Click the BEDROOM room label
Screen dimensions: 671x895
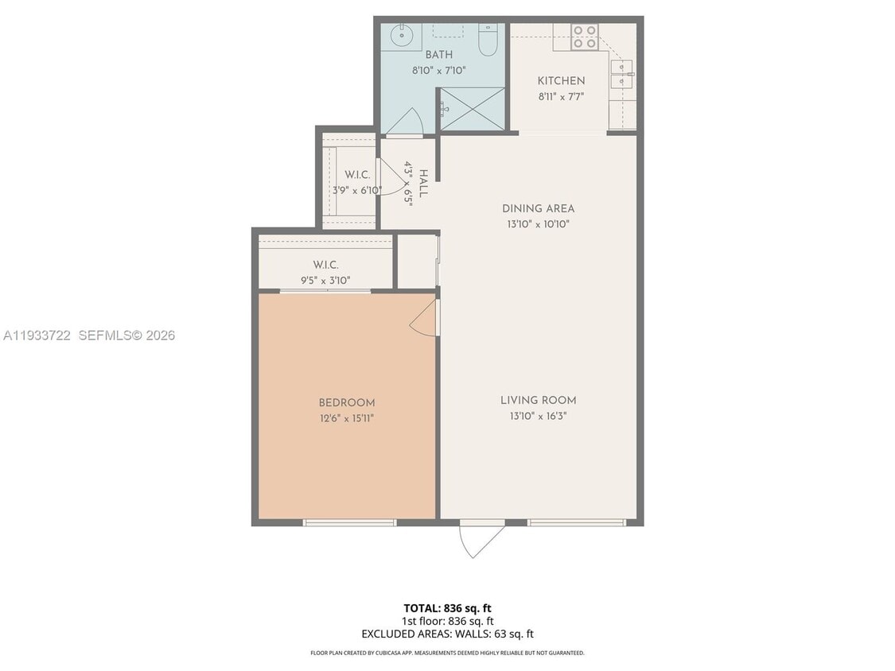346,403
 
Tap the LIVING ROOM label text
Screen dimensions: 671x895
538,401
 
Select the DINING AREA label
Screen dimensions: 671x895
538,209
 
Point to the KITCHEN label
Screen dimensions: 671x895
561,81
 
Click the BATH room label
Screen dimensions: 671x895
438,55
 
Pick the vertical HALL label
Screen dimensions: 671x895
423,184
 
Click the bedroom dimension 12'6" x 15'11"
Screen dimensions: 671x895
346,418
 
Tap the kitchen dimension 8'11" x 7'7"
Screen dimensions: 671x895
561,96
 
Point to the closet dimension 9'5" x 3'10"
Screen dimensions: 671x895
325,280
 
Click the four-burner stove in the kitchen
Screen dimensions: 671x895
585,37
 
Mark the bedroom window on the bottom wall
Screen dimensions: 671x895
350,522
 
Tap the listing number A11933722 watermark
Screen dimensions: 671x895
37,335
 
